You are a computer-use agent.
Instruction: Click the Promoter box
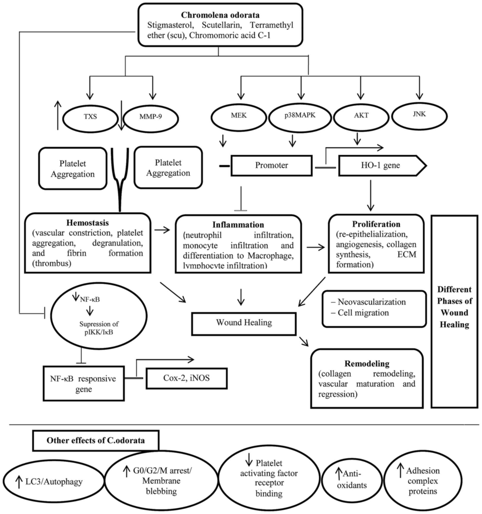[x=272, y=165]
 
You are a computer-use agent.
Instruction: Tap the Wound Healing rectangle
[x=244, y=324]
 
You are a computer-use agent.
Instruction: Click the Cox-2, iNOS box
[x=187, y=378]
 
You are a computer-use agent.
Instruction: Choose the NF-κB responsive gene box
[x=84, y=383]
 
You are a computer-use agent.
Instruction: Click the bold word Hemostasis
[x=88, y=223]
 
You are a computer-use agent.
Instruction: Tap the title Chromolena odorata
[x=220, y=15]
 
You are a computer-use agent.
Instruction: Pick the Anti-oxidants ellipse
[x=352, y=480]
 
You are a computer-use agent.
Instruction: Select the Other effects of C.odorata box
[x=96, y=440]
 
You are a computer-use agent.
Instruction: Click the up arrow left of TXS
[x=58, y=115]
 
